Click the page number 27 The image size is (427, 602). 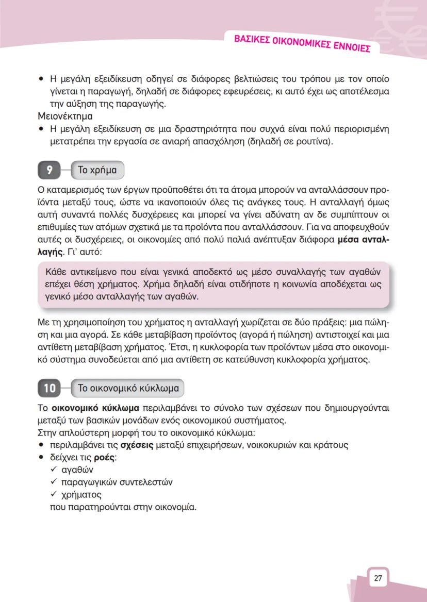(378, 578)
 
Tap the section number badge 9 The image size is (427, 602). (49, 170)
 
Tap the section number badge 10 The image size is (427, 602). (49, 388)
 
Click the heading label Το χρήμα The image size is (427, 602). (96, 170)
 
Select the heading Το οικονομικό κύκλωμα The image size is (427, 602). (127, 388)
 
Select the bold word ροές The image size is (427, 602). (105, 457)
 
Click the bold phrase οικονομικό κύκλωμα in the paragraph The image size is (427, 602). (95, 408)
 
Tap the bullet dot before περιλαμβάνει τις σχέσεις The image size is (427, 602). (41, 445)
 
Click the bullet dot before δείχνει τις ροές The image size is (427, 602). (41, 457)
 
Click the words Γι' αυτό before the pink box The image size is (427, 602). (81, 253)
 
